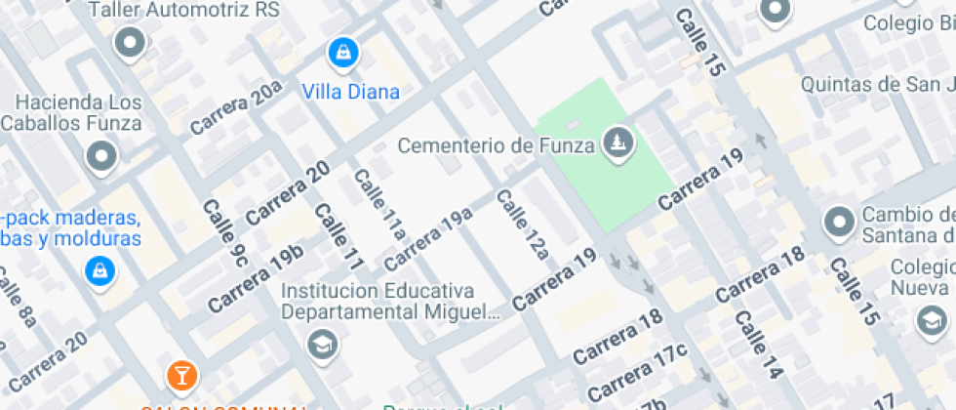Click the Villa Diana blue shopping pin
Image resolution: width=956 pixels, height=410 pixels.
click(x=342, y=53)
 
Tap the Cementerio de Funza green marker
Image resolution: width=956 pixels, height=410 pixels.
click(x=617, y=144)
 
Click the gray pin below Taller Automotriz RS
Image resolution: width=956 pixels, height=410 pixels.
click(x=130, y=43)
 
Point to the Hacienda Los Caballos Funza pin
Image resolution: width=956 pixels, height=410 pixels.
click(x=101, y=155)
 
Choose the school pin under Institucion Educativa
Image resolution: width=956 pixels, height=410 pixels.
click(x=320, y=345)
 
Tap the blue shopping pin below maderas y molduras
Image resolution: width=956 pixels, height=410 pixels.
click(x=100, y=270)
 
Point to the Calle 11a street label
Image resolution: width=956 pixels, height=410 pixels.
click(x=378, y=204)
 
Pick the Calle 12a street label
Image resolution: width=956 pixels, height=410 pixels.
click(x=523, y=224)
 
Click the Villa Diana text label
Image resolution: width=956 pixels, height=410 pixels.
click(x=350, y=93)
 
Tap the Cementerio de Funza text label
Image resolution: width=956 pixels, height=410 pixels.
click(x=497, y=146)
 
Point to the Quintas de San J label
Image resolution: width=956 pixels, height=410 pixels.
click(x=876, y=85)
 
